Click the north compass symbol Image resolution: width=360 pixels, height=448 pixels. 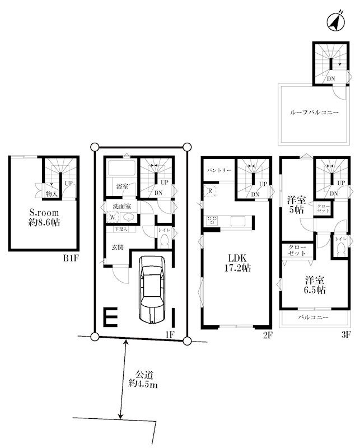coord(334,22)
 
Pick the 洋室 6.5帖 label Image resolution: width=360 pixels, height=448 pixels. coord(315,285)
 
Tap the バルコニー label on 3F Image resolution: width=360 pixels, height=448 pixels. coord(312,318)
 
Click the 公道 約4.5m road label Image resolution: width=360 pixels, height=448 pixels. coord(142,379)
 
